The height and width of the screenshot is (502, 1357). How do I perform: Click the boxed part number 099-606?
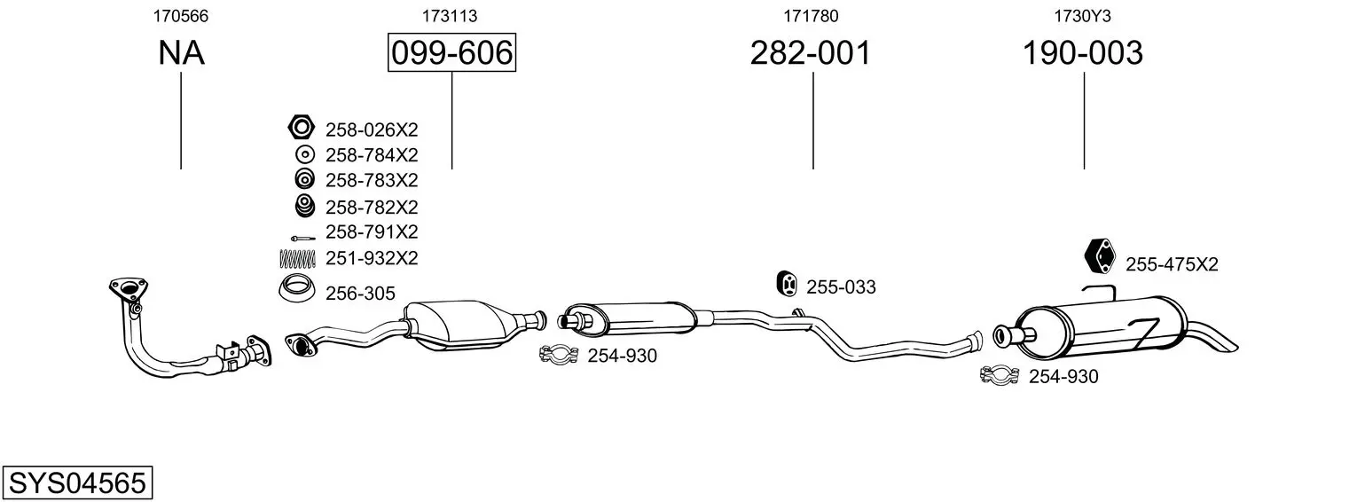[452, 52]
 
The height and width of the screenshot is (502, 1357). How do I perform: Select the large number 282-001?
[811, 52]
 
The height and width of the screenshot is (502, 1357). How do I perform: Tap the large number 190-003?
[1083, 52]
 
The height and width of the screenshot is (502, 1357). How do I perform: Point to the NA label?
[181, 52]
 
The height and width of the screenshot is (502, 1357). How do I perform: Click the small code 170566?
[181, 16]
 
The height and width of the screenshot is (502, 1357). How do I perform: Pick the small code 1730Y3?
[1083, 16]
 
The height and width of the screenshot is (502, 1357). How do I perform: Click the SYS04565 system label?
[77, 483]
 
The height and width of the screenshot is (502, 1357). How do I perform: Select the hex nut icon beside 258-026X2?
[301, 127]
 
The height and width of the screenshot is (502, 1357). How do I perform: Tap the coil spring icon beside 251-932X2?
[297, 259]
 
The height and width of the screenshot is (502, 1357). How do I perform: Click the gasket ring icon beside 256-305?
[297, 289]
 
